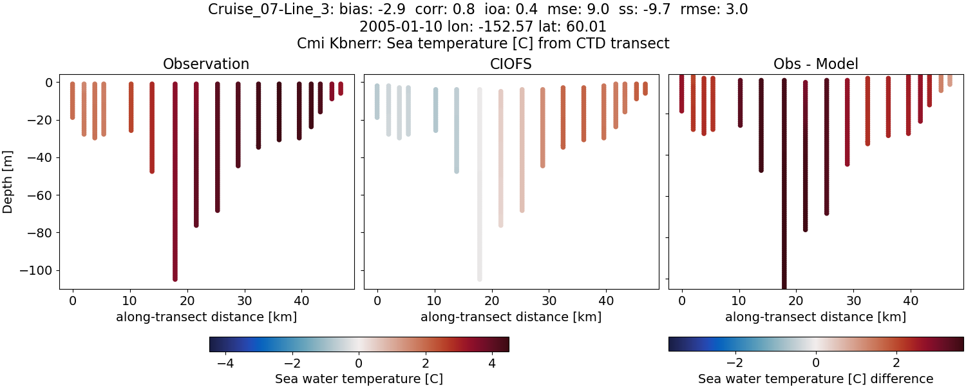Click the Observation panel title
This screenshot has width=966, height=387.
(206, 64)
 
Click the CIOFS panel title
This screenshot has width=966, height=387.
(511, 64)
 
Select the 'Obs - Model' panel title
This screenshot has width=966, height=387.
(815, 64)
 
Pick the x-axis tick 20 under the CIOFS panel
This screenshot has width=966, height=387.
(492, 300)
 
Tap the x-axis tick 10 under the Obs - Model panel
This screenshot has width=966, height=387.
(739, 300)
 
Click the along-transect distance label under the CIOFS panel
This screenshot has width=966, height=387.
(511, 317)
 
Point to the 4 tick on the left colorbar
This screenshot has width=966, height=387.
(492, 363)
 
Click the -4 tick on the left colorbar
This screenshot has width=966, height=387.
(225, 363)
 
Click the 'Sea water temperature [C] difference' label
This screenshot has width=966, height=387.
(815, 379)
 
